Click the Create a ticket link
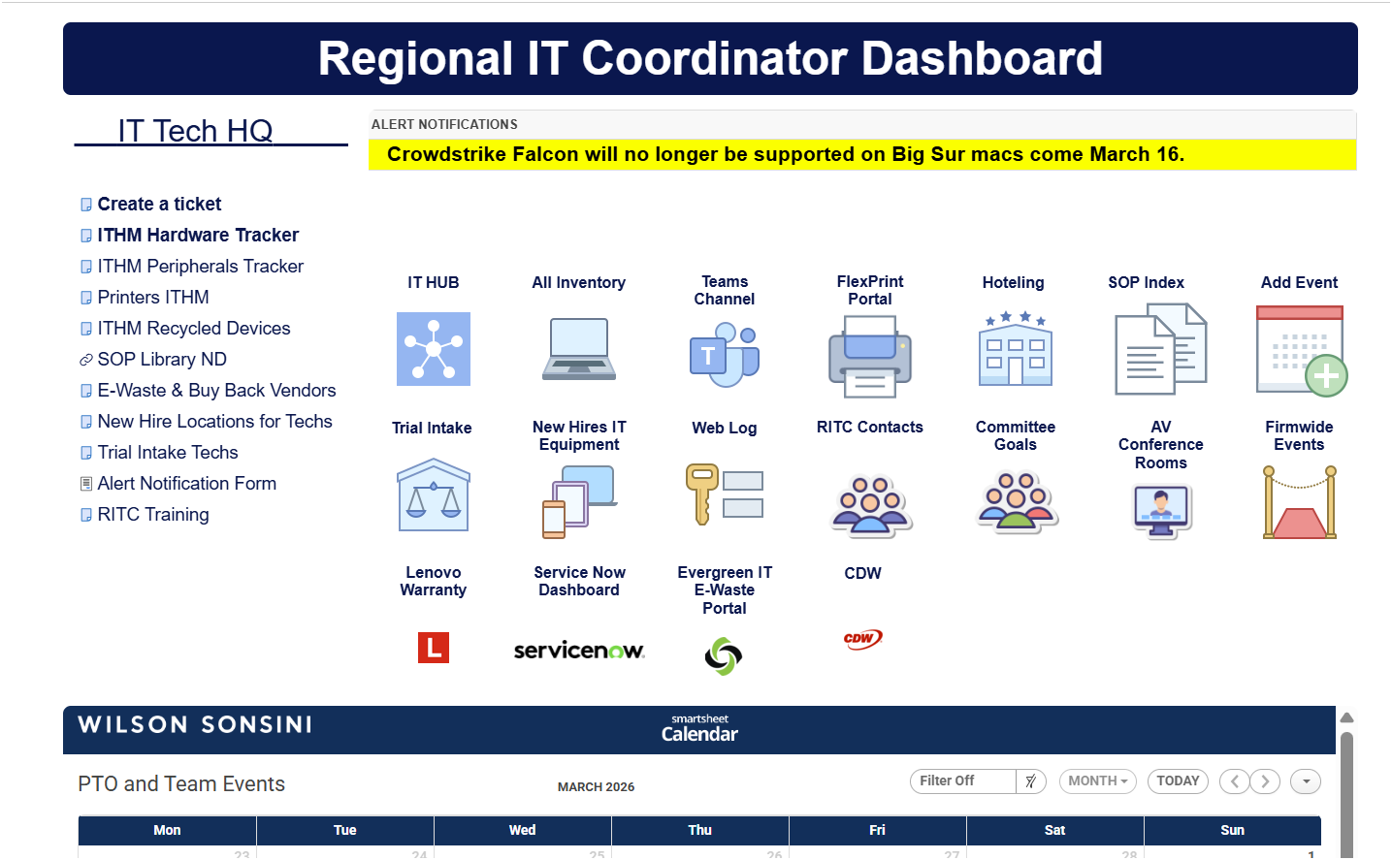coord(159,204)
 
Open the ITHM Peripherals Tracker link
coord(200,266)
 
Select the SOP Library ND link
coord(162,359)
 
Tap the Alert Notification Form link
coord(186,483)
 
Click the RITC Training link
coord(153,514)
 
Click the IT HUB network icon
coord(434,349)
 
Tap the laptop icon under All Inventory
coord(578,348)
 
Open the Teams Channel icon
coord(724,355)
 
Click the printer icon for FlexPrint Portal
coord(869,357)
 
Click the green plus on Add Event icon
coord(1326,375)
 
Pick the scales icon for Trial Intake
coord(434,494)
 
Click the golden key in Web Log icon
coord(701,494)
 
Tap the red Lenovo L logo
coord(434,648)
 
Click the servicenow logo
coord(578,651)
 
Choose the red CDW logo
coord(862,639)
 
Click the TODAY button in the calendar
coord(1178,780)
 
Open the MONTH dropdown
coord(1097,780)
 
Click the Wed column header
coord(522,830)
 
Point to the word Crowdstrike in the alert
coord(447,154)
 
